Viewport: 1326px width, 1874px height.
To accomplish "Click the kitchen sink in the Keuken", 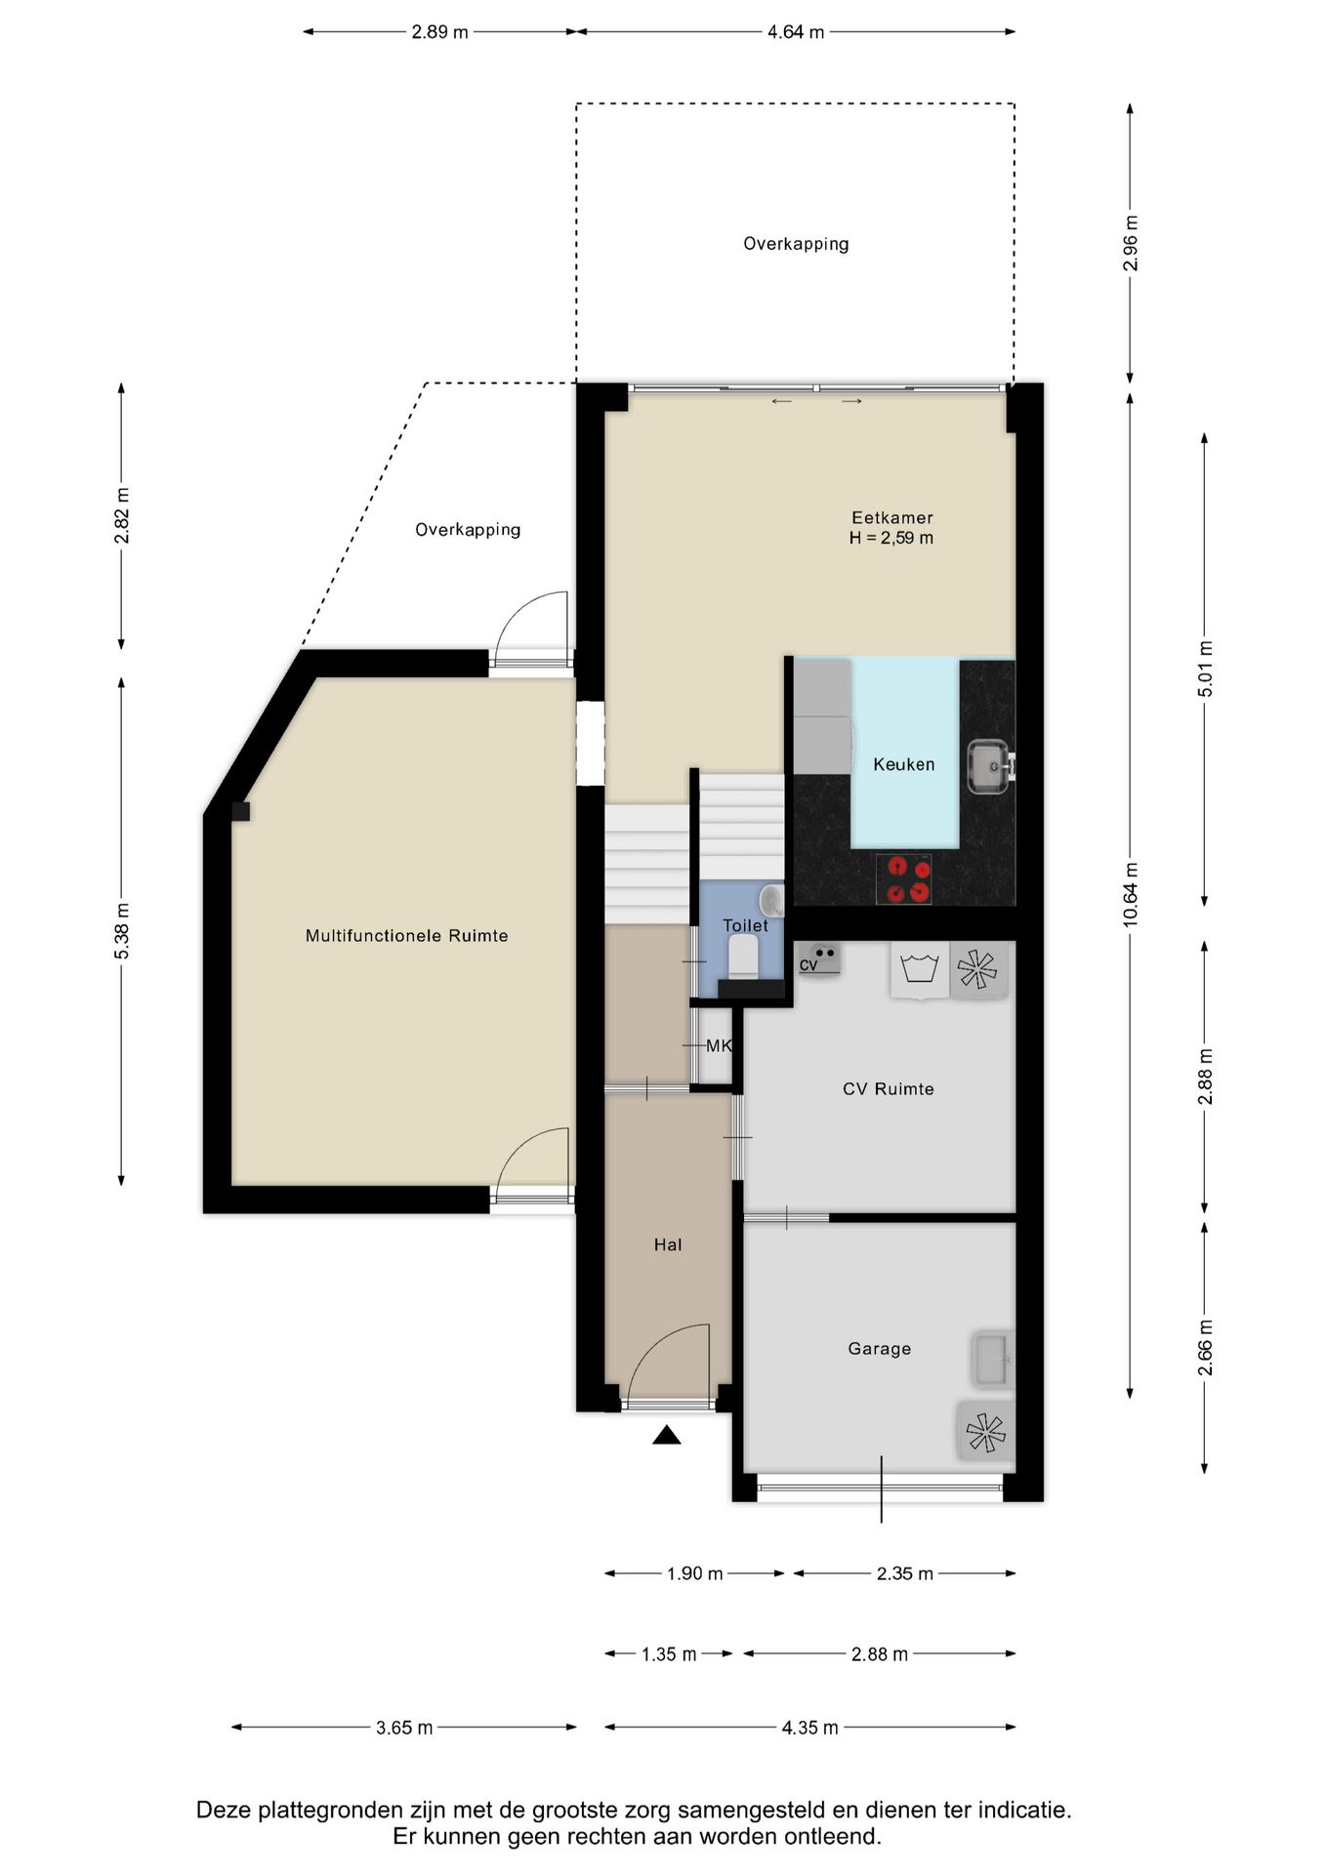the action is [x=990, y=766].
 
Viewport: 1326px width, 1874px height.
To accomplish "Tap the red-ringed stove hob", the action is [x=903, y=878].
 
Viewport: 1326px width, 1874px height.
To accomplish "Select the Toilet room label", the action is [x=745, y=925].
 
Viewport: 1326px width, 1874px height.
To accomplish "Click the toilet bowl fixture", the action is [x=744, y=956].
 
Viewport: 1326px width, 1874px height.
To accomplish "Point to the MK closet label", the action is [x=719, y=1045].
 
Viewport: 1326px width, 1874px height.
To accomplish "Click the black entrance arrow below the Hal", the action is [x=667, y=1434].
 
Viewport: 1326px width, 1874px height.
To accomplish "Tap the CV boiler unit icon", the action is [x=818, y=957].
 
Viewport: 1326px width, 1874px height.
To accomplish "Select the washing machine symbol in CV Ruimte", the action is [x=920, y=969].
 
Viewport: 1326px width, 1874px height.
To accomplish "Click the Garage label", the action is [x=879, y=1348].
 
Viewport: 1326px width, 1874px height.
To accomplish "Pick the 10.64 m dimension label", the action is [x=1130, y=894].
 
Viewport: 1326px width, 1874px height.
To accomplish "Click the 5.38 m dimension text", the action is [x=121, y=930].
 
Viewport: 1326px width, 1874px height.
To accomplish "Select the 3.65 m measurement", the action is [x=404, y=1728].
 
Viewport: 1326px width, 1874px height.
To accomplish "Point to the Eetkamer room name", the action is [x=891, y=517].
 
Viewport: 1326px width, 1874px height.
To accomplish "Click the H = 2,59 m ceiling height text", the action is [x=891, y=538].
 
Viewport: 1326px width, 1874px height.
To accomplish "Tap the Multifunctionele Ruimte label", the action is [x=406, y=935].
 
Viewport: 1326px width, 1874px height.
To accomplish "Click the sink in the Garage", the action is [x=992, y=1359].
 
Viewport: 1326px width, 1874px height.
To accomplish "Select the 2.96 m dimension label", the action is [x=1130, y=243].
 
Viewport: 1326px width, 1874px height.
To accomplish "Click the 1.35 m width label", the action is [x=669, y=1654].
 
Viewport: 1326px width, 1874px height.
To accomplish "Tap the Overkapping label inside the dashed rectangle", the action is [x=796, y=244].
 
